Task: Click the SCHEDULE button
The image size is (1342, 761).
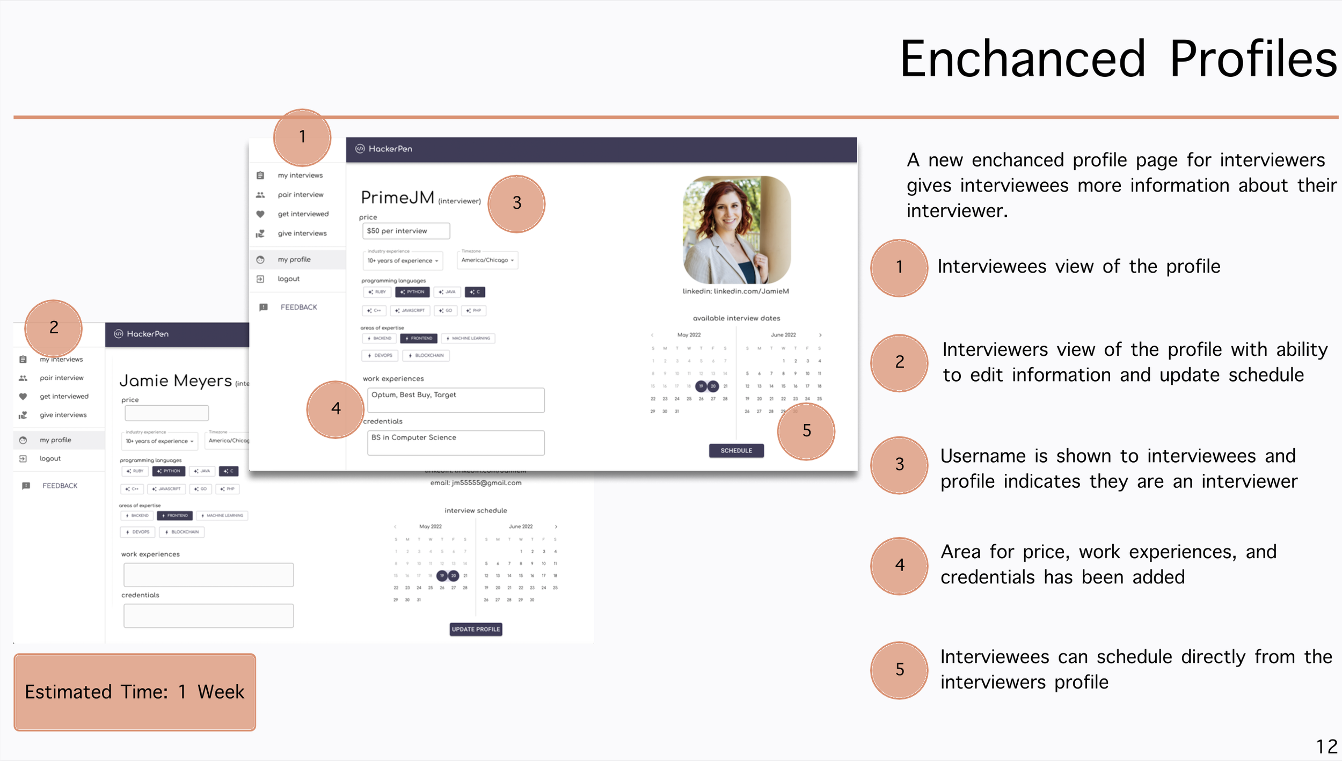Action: (x=736, y=450)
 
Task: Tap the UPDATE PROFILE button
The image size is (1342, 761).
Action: (x=476, y=629)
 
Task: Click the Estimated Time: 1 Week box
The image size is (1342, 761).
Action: (x=135, y=692)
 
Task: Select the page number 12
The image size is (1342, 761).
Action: (x=1326, y=747)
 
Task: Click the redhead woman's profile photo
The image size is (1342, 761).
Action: (x=736, y=230)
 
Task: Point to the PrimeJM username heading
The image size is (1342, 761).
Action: (x=397, y=197)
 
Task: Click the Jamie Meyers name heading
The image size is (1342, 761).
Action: (x=176, y=381)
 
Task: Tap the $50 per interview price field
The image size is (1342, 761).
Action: (x=406, y=231)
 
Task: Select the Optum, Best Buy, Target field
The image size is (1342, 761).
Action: (x=456, y=400)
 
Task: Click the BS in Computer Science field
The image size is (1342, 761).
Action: (x=456, y=443)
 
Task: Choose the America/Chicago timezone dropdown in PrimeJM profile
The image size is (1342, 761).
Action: (x=487, y=260)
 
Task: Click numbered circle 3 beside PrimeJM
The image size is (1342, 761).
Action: (x=516, y=203)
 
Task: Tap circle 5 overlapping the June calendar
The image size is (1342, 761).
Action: (x=806, y=431)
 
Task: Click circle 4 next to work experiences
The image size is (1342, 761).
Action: (x=336, y=409)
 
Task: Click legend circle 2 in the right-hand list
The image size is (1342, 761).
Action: (x=899, y=363)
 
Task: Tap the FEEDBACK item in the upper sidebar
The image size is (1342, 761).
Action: (x=298, y=308)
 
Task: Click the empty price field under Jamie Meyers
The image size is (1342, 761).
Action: (x=166, y=413)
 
